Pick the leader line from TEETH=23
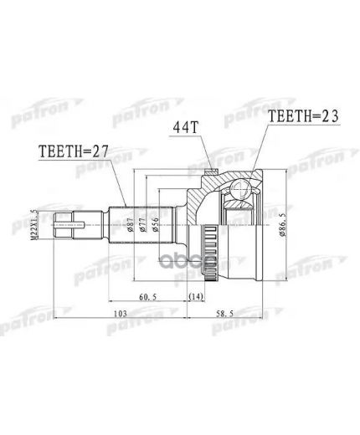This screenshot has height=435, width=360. pos(260,151)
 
